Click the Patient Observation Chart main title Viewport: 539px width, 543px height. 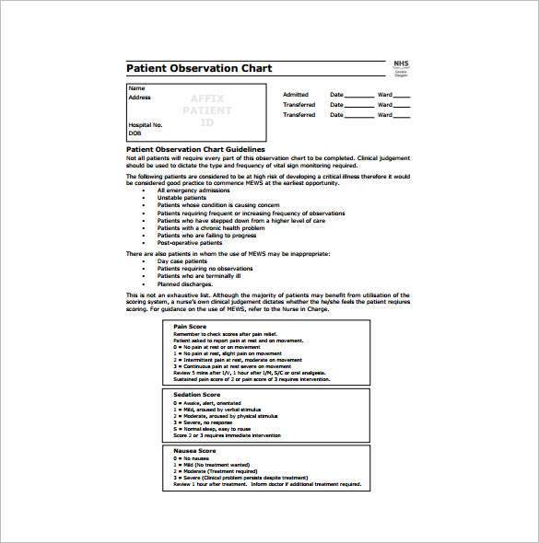[x=199, y=69]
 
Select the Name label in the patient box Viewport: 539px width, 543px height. [x=136, y=88]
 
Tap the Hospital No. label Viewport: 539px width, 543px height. [x=146, y=124]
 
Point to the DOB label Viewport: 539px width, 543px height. [x=135, y=133]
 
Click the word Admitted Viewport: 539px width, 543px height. [x=296, y=95]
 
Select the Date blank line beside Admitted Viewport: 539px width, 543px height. [x=359, y=96]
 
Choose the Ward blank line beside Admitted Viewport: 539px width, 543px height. [x=402, y=96]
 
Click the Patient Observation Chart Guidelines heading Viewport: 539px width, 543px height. [x=195, y=149]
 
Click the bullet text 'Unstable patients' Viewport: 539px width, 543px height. [x=182, y=198]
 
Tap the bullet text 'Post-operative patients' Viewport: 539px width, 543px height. [x=190, y=243]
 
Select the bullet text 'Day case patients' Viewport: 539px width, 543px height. [x=182, y=260]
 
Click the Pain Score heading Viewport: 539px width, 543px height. [x=191, y=326]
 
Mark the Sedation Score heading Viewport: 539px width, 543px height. [x=196, y=394]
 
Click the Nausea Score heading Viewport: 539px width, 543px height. [x=194, y=451]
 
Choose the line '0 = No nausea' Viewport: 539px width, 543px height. [x=194, y=458]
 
